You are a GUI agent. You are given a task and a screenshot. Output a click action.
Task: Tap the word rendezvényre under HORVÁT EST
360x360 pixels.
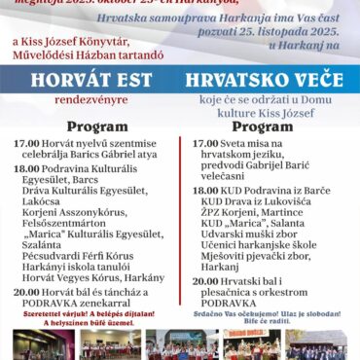pos(92,101)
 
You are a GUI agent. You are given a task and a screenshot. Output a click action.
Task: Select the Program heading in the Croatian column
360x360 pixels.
pos(263,126)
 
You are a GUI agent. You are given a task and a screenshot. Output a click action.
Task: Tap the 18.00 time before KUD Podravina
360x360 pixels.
pos(206,192)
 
